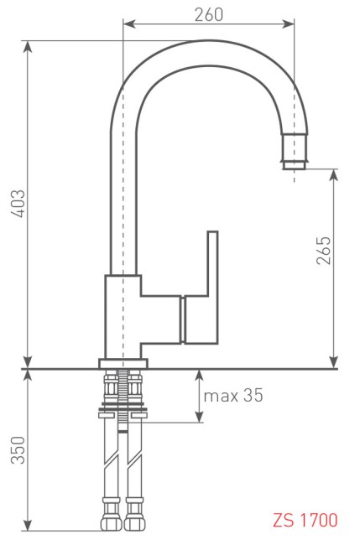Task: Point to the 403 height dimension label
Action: pos(18,205)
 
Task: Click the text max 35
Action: pos(232,395)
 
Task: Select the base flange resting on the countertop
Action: pos(123,363)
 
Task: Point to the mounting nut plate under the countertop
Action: pos(123,413)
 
